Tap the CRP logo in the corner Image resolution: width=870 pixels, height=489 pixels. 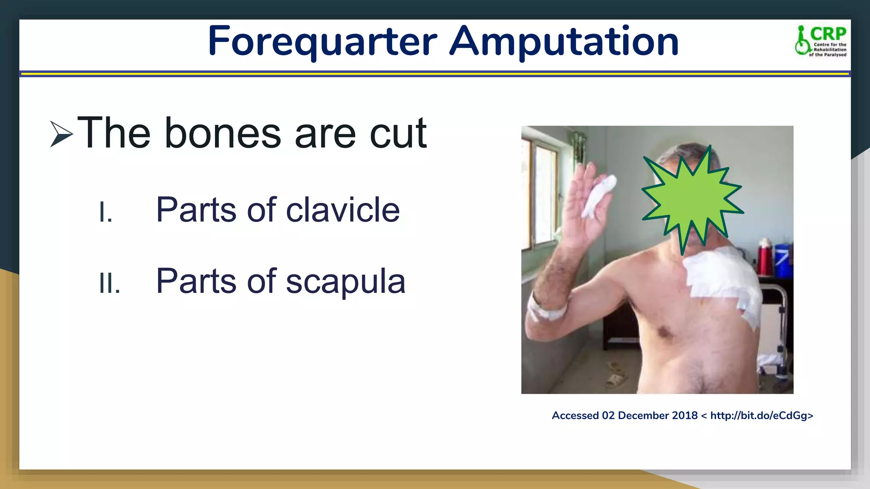pos(821,41)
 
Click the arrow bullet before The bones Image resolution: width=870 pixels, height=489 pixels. pos(61,134)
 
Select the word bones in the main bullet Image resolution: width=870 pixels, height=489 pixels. pos(223,134)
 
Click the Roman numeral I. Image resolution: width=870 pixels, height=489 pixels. pos(105,212)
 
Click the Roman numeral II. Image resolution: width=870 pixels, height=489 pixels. pos(109,283)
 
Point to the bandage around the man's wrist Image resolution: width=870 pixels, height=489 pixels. pos(546,310)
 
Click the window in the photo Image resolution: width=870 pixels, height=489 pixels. pos(542,195)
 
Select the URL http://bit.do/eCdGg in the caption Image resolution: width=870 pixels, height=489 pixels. pos(761,416)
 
